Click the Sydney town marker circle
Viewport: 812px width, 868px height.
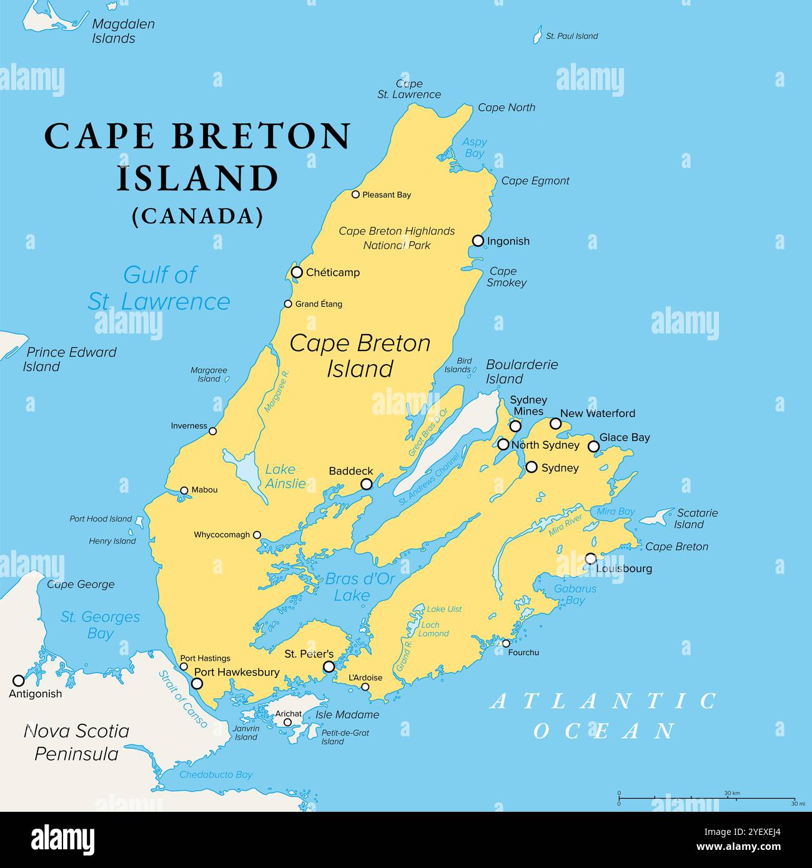[x=532, y=466]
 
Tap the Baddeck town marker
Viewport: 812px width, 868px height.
[x=367, y=484]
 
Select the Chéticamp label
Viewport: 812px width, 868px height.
[x=332, y=272]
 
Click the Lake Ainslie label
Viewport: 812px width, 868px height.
[x=285, y=476]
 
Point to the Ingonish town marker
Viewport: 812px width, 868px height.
[x=478, y=240]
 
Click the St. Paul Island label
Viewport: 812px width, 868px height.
[x=572, y=36]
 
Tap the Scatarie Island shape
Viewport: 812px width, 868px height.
[x=655, y=517]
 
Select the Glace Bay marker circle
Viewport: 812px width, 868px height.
[x=593, y=446]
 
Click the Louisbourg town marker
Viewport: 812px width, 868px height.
[x=590, y=558]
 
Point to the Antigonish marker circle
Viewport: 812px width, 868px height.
[x=19, y=680]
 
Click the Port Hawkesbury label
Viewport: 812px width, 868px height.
[x=237, y=673]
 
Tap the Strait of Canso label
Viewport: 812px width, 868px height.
[x=182, y=699]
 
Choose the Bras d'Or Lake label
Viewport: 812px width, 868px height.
[x=359, y=587]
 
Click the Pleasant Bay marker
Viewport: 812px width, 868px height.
[x=355, y=194]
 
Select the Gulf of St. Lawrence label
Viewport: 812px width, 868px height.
[x=159, y=288]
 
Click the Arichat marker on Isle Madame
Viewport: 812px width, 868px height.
[x=287, y=722]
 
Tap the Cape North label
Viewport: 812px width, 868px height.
[x=506, y=107]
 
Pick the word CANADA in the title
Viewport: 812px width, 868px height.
[x=197, y=216]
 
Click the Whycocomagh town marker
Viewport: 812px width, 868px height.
[x=257, y=535]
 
